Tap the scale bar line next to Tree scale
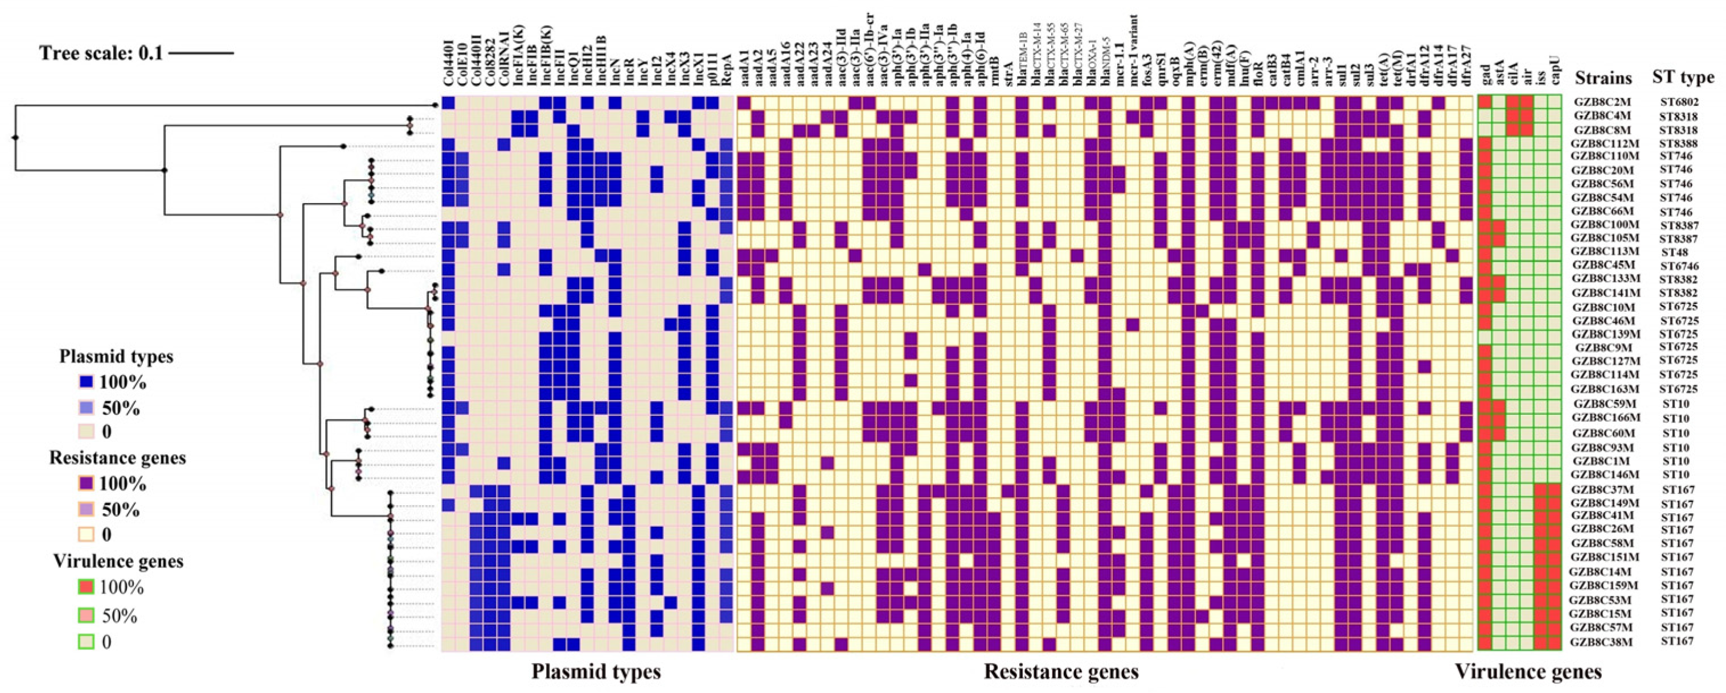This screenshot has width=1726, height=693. click(201, 53)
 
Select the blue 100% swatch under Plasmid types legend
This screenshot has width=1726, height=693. click(86, 382)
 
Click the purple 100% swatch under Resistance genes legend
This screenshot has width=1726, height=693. click(86, 484)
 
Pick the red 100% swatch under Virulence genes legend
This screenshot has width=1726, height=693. click(86, 588)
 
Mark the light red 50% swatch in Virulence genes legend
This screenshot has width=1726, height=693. click(86, 615)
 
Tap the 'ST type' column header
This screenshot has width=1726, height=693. click(1683, 78)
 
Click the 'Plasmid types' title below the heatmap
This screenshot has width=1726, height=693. click(596, 671)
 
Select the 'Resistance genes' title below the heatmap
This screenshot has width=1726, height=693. click(1061, 671)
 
